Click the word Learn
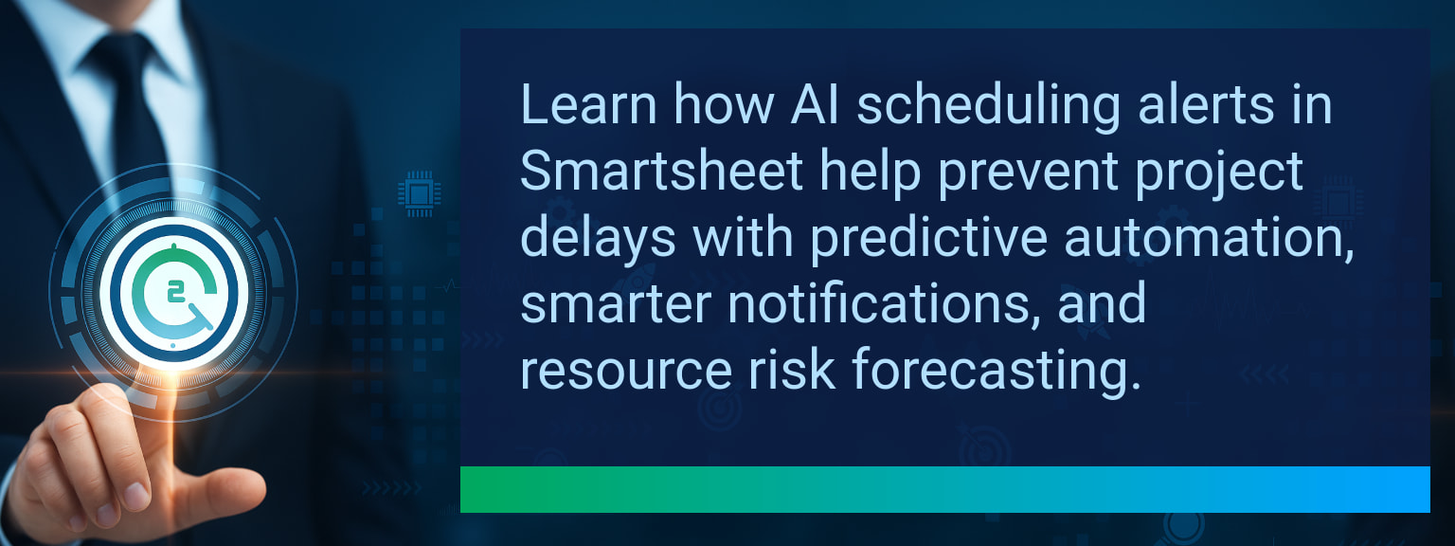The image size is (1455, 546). (589, 104)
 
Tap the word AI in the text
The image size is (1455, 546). (816, 104)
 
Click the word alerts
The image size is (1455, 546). (1206, 104)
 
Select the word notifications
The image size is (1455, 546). (885, 303)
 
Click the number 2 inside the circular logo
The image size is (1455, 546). (174, 293)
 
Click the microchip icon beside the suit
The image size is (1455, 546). (419, 193)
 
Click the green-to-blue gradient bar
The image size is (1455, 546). (945, 489)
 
